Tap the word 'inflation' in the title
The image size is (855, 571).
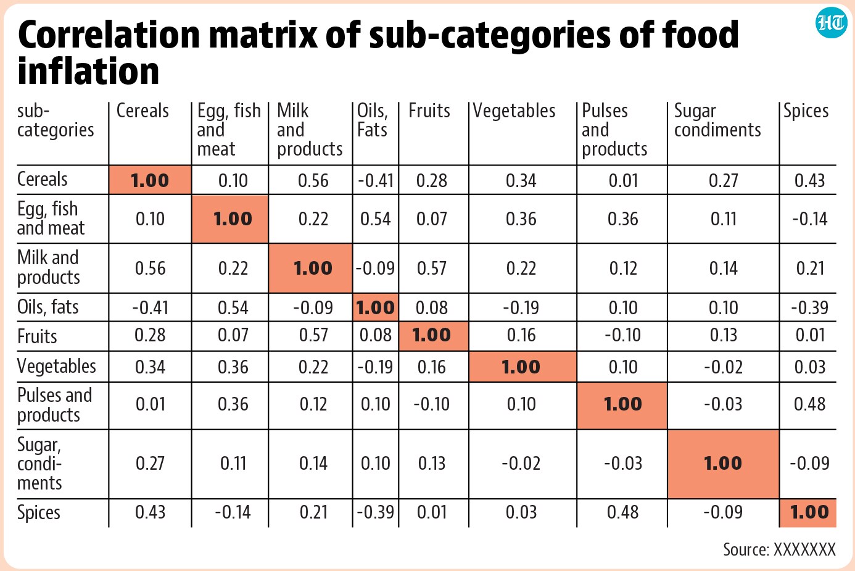coord(88,72)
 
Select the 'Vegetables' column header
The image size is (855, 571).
coord(514,110)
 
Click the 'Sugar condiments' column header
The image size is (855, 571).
coord(717,120)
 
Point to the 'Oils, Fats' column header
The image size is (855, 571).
coord(372,120)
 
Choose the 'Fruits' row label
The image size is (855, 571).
coord(37,336)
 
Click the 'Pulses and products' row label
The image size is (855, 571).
coord(54,405)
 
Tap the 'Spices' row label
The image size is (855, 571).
coord(38,512)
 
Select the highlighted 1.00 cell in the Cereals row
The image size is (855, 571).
coord(150,180)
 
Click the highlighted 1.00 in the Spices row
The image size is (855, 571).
coord(809,512)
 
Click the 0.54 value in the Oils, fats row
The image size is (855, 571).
coord(233,307)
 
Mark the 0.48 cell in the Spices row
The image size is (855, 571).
coord(622,512)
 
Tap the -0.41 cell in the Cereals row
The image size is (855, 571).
coord(376,180)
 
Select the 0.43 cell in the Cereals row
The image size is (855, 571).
coord(809,180)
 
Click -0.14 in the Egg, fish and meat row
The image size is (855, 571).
coord(809,219)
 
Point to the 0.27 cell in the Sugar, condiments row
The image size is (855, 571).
coord(150,464)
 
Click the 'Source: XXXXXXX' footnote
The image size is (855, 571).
coord(779,549)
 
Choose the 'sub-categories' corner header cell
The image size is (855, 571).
coord(56,120)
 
